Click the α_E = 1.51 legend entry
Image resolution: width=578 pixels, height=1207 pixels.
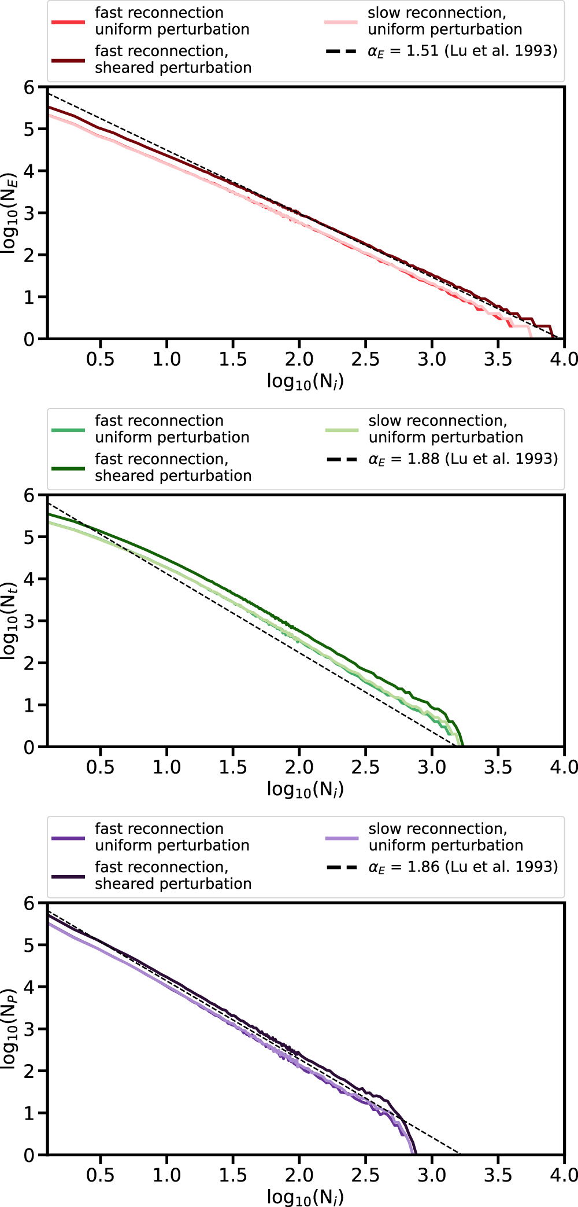point(462,51)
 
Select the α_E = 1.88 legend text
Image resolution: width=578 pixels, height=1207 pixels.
point(463,459)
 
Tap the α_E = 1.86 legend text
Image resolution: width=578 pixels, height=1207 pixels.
point(463,867)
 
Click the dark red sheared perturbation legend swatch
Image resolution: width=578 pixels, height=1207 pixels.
point(68,60)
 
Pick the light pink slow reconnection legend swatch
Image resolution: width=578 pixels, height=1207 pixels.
point(341,22)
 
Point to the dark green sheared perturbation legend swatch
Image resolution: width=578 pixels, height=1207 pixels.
point(68,468)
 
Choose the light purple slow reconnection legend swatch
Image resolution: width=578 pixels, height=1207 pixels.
point(342,838)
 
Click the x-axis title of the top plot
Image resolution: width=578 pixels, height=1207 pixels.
point(305,381)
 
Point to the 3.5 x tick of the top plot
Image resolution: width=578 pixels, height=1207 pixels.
point(498,359)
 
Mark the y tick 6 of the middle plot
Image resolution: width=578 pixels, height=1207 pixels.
point(29,495)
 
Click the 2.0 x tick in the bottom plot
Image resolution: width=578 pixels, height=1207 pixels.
point(299,1175)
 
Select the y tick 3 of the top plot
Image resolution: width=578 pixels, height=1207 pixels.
point(29,213)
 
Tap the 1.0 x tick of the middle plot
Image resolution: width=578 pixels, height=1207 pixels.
point(167,767)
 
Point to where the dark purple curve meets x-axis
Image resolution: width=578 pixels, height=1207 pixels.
point(416,1154)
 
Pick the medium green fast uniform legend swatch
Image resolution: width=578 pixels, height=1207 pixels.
point(68,430)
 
